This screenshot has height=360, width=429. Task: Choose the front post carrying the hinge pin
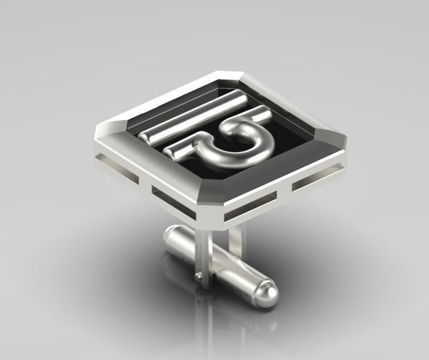pyautogui.click(x=203, y=257)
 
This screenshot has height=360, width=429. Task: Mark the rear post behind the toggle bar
pyautogui.click(x=242, y=236)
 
